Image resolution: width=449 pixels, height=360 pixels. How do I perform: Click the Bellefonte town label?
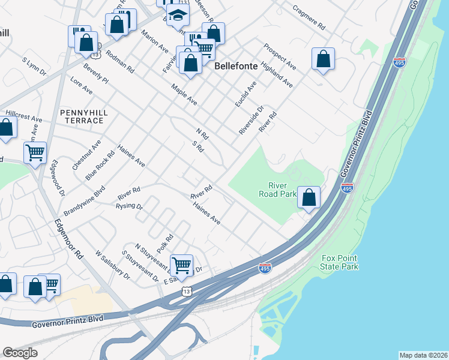click(237, 66)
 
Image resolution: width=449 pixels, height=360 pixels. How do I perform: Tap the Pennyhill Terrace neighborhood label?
click(82, 116)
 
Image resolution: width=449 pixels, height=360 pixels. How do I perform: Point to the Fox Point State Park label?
click(340, 262)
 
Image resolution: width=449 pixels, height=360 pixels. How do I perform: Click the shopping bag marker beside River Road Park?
click(309, 197)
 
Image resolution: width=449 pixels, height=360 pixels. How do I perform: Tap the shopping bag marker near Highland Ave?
click(323, 59)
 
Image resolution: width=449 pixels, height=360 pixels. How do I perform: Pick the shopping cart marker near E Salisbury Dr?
click(181, 265)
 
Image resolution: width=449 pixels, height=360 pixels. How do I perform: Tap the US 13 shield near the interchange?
click(187, 290)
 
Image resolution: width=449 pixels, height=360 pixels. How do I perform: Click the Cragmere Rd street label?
click(308, 19)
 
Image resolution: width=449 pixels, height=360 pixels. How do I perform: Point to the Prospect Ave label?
click(279, 56)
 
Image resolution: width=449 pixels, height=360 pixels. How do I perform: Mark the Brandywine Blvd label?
click(84, 201)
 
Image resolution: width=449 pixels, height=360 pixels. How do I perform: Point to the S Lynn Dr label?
click(34, 67)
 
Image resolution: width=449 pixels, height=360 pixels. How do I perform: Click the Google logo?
click(20, 353)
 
